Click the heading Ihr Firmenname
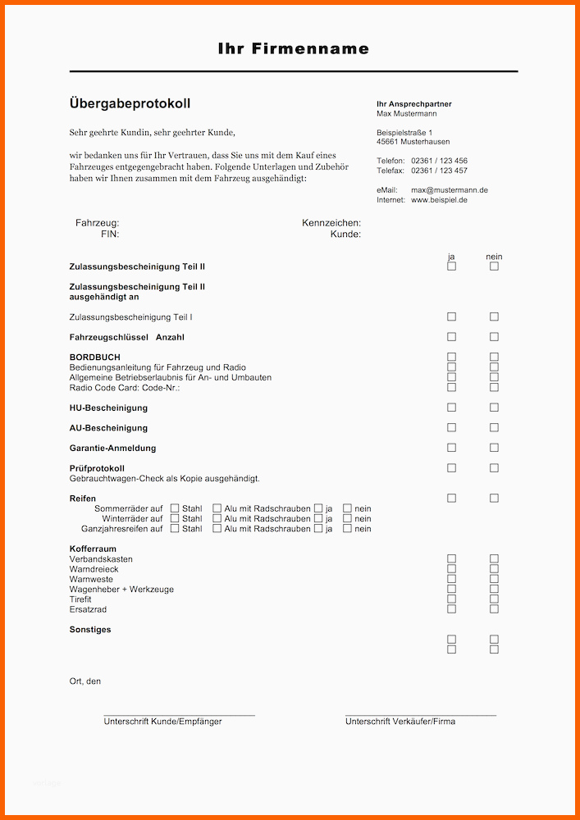point(294,49)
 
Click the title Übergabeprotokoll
point(130,103)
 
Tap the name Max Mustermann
point(406,114)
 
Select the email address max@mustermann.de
point(449,190)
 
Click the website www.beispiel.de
point(439,200)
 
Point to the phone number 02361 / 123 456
point(439,161)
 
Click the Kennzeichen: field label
point(331,223)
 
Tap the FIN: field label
point(110,234)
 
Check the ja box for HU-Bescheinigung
point(451,408)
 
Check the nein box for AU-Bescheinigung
point(494,428)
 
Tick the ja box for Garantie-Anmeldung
point(451,448)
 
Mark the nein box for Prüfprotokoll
point(494,468)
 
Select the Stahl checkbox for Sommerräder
point(174,508)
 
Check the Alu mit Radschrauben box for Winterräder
point(217,518)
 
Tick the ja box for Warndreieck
point(451,569)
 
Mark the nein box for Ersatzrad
point(494,609)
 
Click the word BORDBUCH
point(94,358)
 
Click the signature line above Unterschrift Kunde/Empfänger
point(179,715)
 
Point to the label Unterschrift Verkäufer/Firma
point(400,722)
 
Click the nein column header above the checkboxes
point(494,257)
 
